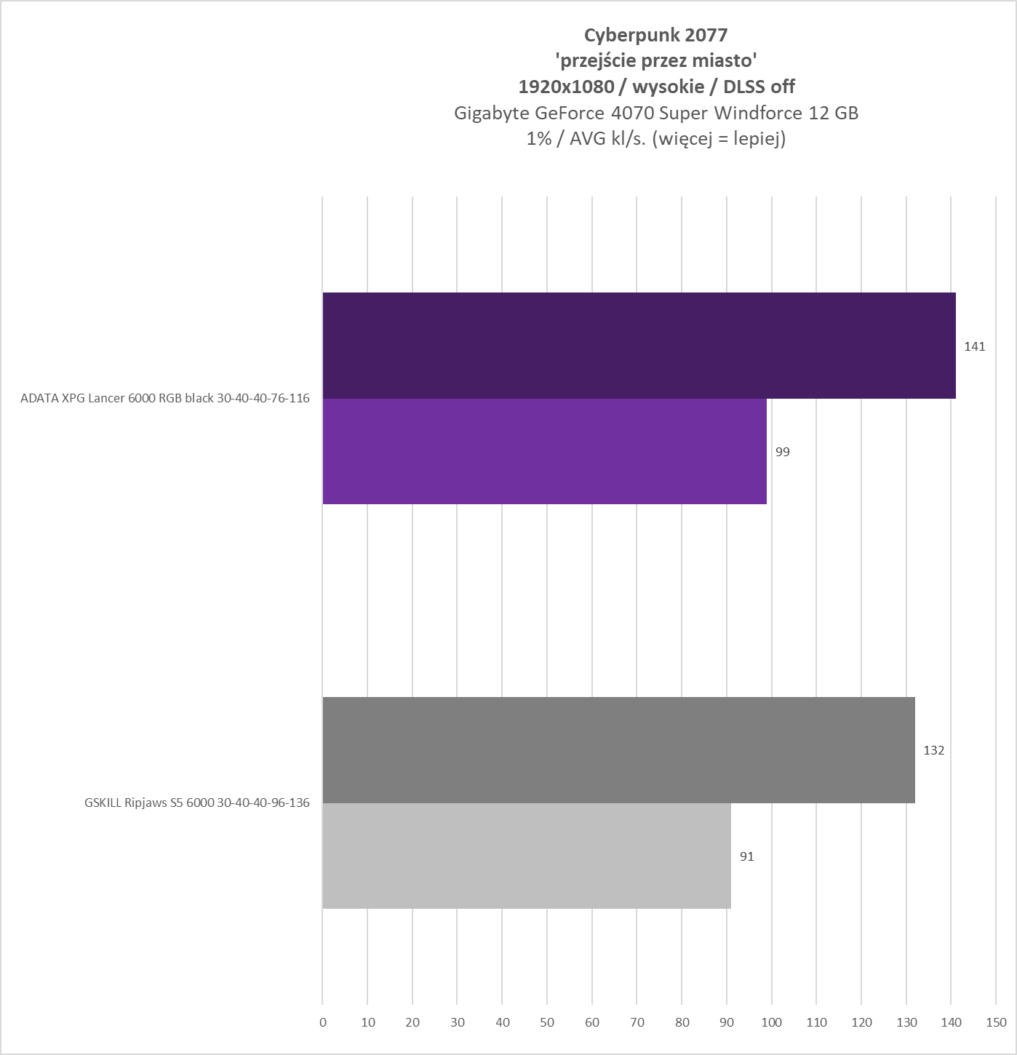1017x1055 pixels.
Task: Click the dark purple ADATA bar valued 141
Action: pyautogui.click(x=639, y=346)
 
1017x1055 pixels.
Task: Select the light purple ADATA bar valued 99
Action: pyautogui.click(x=544, y=451)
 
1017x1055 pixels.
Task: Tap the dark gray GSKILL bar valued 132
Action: pyautogui.click(x=618, y=749)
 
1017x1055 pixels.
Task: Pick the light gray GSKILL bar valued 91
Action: pyautogui.click(x=526, y=856)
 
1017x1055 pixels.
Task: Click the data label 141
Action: pyautogui.click(x=974, y=346)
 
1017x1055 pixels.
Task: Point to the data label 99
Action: pyautogui.click(x=782, y=452)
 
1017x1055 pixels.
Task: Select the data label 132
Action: pyautogui.click(x=933, y=750)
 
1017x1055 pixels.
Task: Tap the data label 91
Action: pyautogui.click(x=746, y=856)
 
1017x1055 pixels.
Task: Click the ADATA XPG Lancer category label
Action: pyautogui.click(x=165, y=398)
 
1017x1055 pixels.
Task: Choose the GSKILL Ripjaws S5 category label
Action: pyautogui.click(x=196, y=803)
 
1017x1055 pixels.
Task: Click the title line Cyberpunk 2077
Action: pyautogui.click(x=655, y=34)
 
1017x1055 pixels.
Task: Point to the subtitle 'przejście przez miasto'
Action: pyautogui.click(x=655, y=60)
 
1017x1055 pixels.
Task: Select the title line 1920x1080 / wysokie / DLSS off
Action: pyautogui.click(x=655, y=87)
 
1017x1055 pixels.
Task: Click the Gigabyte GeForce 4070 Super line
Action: pyautogui.click(x=655, y=113)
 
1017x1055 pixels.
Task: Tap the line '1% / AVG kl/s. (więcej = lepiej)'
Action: pyautogui.click(x=655, y=139)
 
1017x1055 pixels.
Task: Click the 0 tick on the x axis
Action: pyautogui.click(x=323, y=1022)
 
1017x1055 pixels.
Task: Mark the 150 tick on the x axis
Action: pyautogui.click(x=996, y=1022)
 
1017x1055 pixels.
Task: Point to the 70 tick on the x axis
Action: pyautogui.click(x=637, y=1022)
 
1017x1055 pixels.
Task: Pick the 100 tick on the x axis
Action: pyautogui.click(x=772, y=1022)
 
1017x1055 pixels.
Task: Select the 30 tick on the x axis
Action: pyautogui.click(x=458, y=1022)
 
